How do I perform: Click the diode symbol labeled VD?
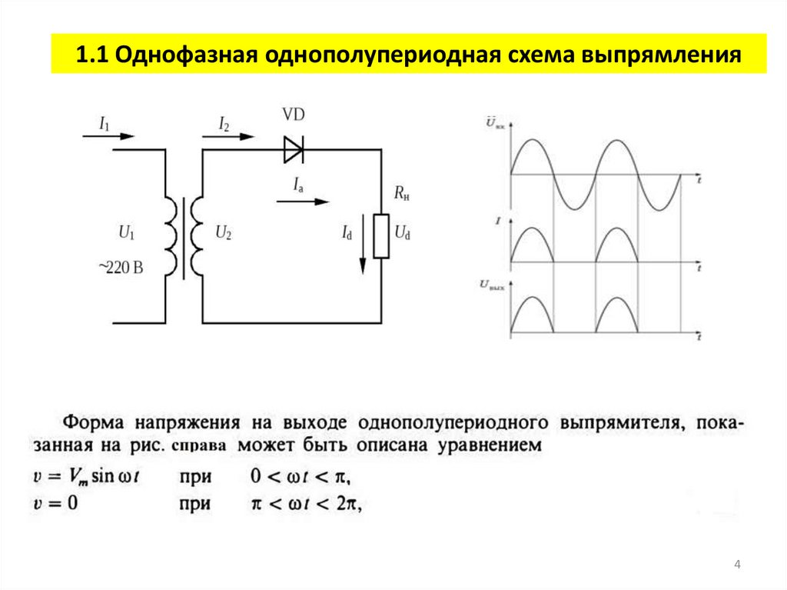point(294,149)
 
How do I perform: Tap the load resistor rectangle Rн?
point(380,235)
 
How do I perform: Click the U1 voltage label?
point(126,231)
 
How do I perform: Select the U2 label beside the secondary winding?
point(223,231)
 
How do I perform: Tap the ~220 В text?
point(121,268)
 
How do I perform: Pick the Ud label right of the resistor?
point(402,232)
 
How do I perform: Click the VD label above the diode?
point(293,115)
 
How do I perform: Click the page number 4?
point(737,566)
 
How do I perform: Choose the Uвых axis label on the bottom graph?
point(492,285)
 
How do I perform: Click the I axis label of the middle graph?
point(498,221)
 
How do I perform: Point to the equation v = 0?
point(56,505)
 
